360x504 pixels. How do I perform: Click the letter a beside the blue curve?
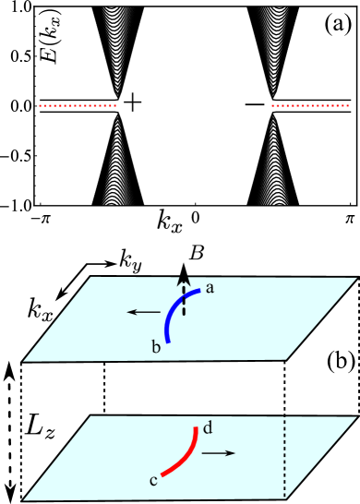210,288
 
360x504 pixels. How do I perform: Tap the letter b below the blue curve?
156,346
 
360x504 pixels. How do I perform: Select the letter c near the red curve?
153,480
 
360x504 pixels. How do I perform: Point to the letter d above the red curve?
208,427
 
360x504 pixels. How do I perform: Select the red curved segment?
185,456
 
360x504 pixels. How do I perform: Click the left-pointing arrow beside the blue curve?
143,313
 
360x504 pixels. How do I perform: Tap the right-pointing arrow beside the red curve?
219,453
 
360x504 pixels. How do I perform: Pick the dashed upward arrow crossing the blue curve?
184,297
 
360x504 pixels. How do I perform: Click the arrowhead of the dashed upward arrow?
184,277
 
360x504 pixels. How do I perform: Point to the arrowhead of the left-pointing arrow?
130,313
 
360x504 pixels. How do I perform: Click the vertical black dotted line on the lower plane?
284,457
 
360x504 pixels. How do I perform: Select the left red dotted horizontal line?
78,106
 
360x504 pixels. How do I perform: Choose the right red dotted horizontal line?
310,106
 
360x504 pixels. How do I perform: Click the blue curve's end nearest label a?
198,291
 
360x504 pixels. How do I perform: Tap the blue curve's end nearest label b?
167,341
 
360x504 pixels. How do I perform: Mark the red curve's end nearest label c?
162,474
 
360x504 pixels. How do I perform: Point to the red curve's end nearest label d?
196,427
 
